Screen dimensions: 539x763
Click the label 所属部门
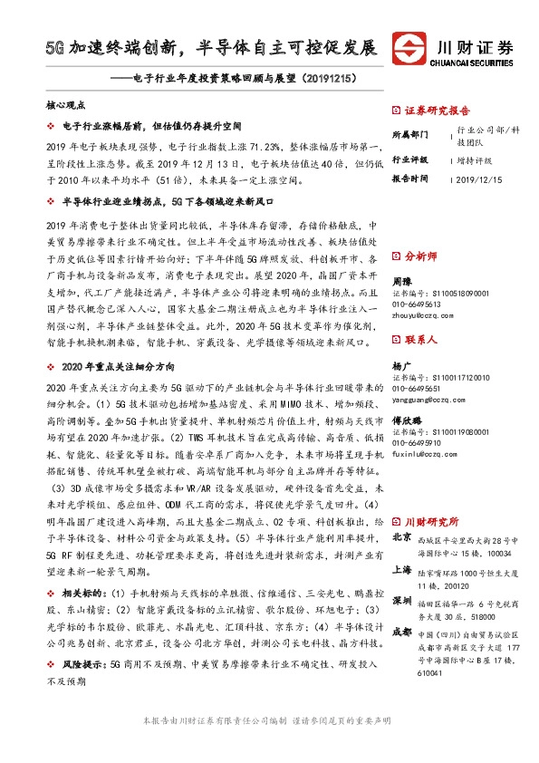pos(410,134)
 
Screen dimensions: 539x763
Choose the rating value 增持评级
pos(476,159)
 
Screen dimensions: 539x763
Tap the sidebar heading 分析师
pos(422,256)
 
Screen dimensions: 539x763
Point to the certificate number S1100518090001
pos(452,294)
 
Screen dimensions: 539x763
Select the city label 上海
pos(403,572)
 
